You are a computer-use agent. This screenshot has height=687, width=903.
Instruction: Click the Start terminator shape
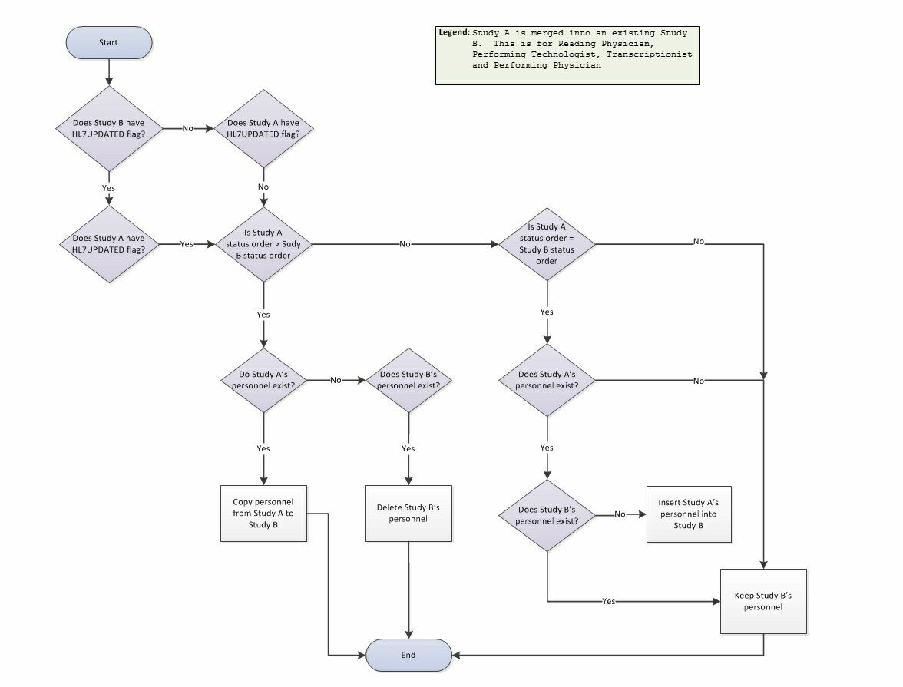tap(108, 43)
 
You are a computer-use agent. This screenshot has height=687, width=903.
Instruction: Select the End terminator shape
tap(408, 655)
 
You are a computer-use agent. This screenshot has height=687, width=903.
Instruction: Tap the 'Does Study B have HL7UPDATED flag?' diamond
tap(108, 129)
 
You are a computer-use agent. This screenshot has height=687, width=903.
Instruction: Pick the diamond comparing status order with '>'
tap(263, 244)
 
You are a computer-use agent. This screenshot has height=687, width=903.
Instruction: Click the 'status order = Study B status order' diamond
tap(546, 244)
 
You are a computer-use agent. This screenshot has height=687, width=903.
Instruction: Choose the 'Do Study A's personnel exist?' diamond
tap(263, 380)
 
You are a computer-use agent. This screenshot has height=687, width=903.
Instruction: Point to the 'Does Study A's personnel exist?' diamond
tap(546, 380)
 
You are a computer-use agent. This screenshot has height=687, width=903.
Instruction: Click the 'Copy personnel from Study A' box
tap(263, 514)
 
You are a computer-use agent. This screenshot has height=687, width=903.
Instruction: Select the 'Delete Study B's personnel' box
tap(408, 514)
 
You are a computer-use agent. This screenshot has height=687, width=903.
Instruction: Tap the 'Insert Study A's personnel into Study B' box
tap(688, 514)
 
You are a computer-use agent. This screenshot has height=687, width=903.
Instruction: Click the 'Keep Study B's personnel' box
tap(763, 601)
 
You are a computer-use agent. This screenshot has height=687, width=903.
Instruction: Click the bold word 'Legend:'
tap(454, 33)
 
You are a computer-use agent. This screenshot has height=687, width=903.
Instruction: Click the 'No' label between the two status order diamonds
tap(405, 244)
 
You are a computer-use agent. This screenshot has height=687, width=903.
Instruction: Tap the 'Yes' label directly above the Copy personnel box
tap(263, 448)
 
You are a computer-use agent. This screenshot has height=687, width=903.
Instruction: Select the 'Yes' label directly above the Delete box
tap(408, 448)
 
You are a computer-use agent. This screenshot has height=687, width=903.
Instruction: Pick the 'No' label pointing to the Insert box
tap(620, 514)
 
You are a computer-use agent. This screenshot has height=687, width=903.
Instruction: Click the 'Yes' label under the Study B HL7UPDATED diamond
tap(108, 187)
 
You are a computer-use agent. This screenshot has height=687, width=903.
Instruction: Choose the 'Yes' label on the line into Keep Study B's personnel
tap(608, 601)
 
